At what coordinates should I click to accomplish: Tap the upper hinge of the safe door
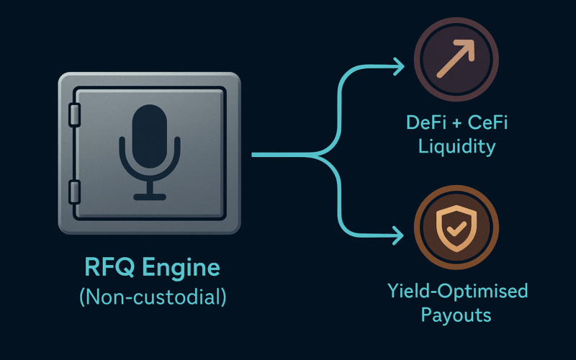tap(75, 115)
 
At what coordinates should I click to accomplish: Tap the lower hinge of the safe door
tap(75, 192)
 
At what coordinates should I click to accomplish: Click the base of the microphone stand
tap(150, 197)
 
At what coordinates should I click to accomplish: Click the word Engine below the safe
tap(181, 268)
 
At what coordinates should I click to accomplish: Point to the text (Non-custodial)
tap(153, 297)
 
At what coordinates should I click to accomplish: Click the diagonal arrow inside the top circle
tap(456, 58)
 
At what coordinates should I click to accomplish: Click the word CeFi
tap(488, 122)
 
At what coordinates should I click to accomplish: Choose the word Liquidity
tap(456, 147)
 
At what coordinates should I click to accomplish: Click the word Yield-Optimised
tap(458, 291)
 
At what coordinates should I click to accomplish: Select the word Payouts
tap(456, 315)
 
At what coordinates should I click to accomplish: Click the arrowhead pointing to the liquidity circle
tap(399, 66)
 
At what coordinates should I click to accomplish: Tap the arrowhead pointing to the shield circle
tap(398, 235)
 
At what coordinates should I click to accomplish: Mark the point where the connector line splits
tap(317, 155)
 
